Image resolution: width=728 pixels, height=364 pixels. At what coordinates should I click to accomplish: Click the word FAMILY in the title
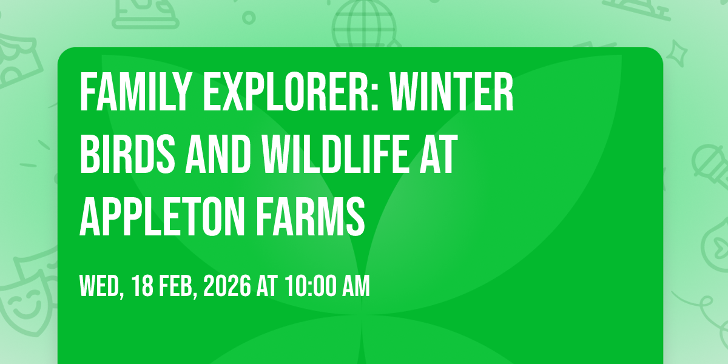[x=135, y=92]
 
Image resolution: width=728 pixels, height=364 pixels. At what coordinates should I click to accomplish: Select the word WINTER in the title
[x=451, y=92]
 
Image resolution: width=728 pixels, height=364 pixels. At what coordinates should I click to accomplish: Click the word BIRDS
[x=127, y=154]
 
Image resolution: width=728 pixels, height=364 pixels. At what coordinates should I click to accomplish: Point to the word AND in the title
[x=218, y=154]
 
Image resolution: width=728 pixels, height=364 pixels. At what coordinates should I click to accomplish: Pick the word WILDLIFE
[x=335, y=154]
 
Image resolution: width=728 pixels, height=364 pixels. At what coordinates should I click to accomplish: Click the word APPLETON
[x=161, y=216]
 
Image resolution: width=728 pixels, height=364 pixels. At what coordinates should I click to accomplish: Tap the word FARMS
[x=310, y=216]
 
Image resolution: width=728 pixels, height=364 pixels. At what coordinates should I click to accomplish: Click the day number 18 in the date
[x=143, y=286]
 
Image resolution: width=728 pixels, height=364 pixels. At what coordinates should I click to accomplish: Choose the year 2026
[x=227, y=286]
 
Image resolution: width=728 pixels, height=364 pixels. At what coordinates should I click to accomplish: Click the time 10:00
[x=311, y=286]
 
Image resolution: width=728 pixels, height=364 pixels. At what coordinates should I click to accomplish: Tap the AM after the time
[x=357, y=286]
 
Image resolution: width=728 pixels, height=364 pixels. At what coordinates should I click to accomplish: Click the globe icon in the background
[x=365, y=24]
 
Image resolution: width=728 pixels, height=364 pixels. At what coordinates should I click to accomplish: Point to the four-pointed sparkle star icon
[x=676, y=53]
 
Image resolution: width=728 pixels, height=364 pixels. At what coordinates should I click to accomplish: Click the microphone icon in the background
[x=710, y=166]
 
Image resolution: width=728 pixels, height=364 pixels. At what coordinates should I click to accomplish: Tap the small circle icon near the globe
[x=249, y=18]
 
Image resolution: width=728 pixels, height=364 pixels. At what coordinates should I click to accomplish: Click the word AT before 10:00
[x=267, y=286]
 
